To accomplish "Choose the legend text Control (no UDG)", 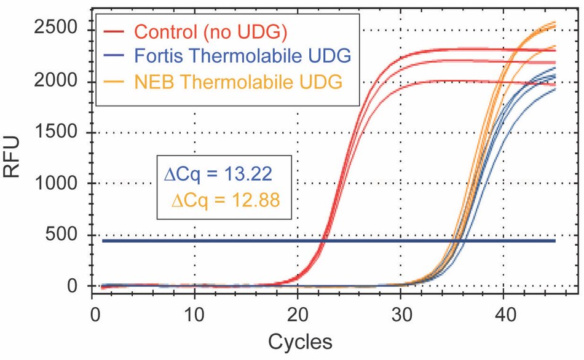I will click(210, 31).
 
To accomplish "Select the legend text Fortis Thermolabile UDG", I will click(242, 55).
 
